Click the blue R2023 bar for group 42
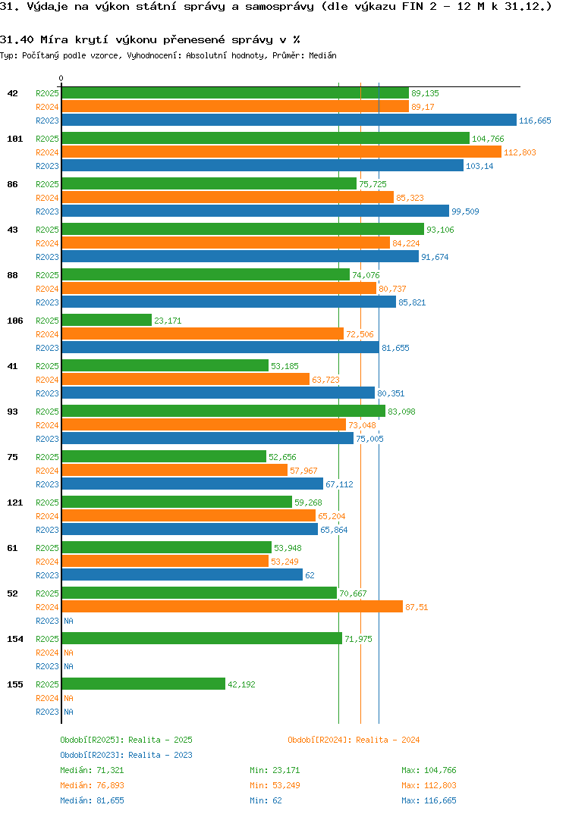click(x=288, y=120)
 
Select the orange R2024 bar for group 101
click(x=281, y=152)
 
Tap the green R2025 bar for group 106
click(x=106, y=320)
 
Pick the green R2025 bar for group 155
click(x=143, y=684)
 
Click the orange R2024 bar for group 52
click(x=231, y=606)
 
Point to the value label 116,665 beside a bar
click(x=535, y=121)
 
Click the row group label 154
click(x=14, y=639)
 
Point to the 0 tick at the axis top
click(x=61, y=78)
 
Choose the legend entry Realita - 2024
click(x=354, y=740)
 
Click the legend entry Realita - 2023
click(x=126, y=755)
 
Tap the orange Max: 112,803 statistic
click(x=429, y=785)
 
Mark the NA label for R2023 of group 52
click(x=68, y=621)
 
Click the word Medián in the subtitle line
click(x=323, y=55)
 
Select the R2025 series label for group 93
click(x=47, y=412)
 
